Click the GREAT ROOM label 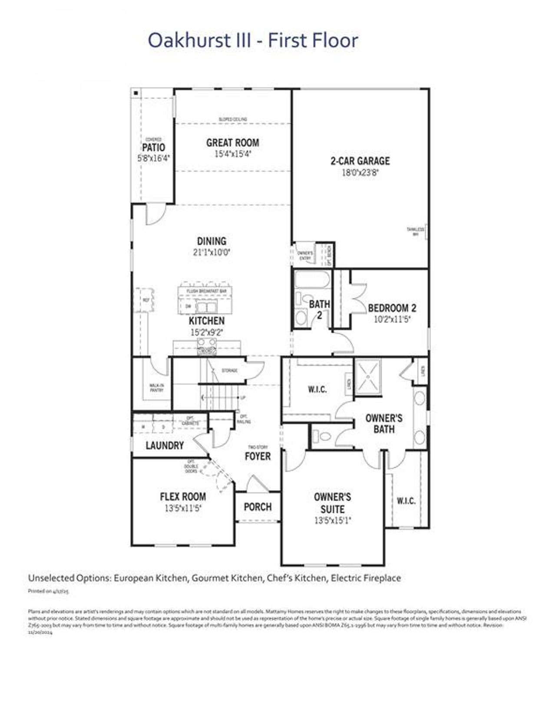click(232, 142)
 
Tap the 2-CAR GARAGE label click(360, 161)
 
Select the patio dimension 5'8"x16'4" click(153, 159)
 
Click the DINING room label click(212, 241)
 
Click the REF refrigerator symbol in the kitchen click(146, 300)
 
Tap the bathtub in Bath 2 click(312, 280)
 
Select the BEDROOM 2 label click(392, 308)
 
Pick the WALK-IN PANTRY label click(156, 387)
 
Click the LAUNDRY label click(165, 446)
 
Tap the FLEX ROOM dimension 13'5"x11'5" click(183, 508)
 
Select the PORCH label click(258, 507)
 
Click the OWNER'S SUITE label click(332, 503)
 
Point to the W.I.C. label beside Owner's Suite click(406, 501)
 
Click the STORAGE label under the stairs click(229, 370)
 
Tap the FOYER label click(258, 456)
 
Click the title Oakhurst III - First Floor click(253, 40)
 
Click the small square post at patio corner click(136, 93)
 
